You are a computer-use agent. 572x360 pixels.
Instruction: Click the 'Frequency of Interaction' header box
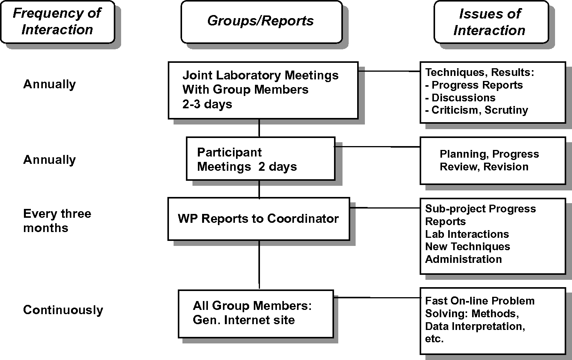[x=57, y=22]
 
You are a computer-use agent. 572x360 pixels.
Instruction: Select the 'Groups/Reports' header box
[x=262, y=22]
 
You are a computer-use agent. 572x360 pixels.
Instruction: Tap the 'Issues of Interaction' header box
[x=491, y=22]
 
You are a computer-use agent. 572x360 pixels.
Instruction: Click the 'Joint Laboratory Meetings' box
[x=263, y=90]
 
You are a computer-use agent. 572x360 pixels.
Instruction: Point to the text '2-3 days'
[x=207, y=104]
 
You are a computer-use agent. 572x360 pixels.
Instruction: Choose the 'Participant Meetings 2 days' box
[x=260, y=158]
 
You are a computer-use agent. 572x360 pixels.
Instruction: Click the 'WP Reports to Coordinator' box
[x=259, y=219]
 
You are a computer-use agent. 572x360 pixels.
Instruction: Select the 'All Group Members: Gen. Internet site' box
[x=256, y=314]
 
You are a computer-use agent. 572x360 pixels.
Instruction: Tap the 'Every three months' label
[x=57, y=221]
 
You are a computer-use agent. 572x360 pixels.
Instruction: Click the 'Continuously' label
[x=63, y=310]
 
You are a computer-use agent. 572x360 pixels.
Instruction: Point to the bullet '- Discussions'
[x=460, y=98]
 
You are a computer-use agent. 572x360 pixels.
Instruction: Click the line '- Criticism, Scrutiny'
[x=476, y=110]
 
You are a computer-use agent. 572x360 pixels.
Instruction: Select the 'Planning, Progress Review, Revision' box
[x=493, y=160]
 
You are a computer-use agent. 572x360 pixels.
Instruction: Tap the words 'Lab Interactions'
[x=467, y=234]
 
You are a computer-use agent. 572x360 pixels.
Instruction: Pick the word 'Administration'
[x=464, y=259]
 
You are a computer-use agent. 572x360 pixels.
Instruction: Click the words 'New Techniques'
[x=467, y=247]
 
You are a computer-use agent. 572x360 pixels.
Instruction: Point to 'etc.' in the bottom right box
[x=434, y=339]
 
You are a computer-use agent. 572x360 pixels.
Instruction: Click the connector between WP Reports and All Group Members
[x=259, y=265]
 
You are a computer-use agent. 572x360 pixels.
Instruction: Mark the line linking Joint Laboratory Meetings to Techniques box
[x=389, y=71]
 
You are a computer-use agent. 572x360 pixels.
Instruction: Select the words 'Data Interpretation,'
[x=475, y=326]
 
